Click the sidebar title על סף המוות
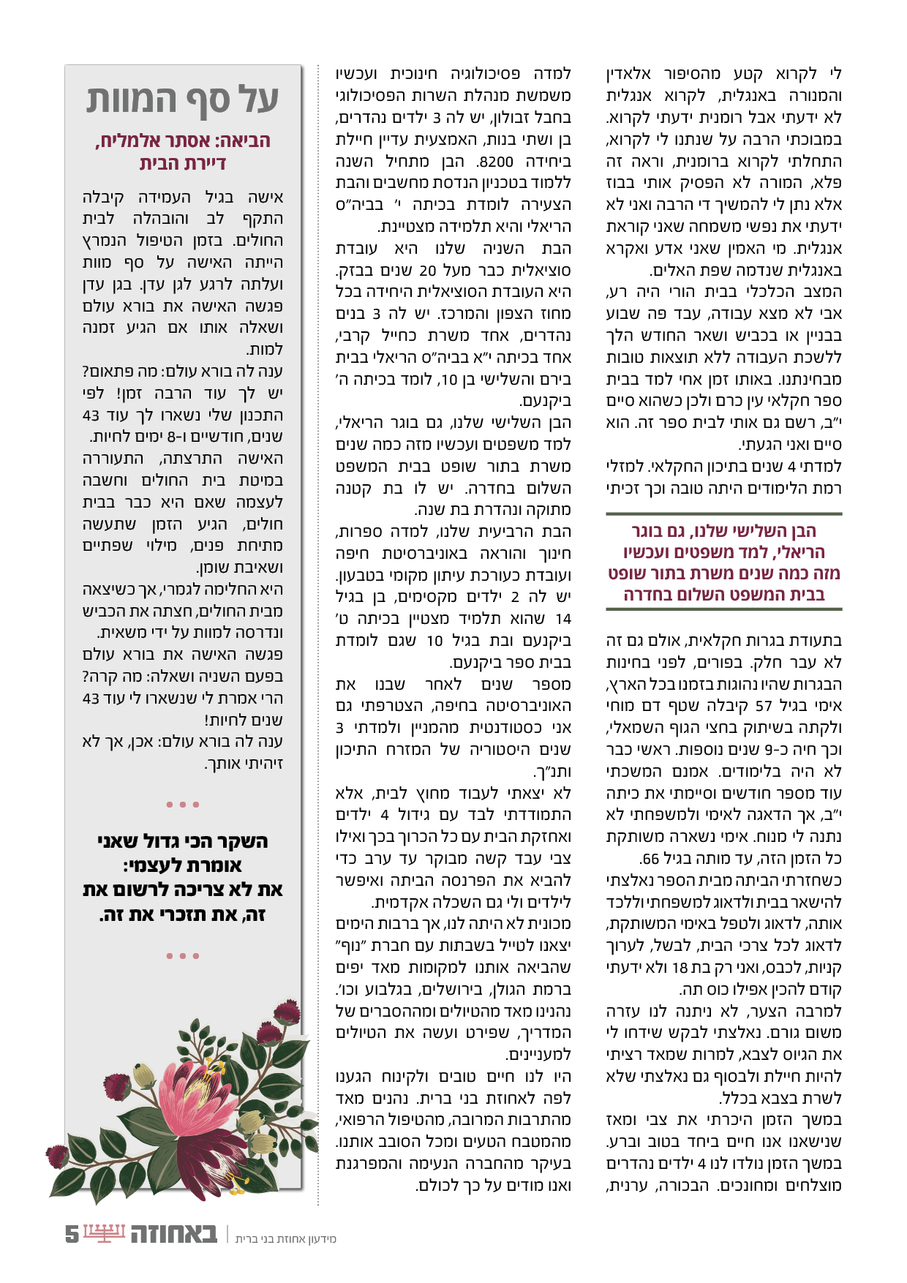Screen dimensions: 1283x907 click(x=183, y=100)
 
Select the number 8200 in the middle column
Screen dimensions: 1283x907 click(x=494, y=161)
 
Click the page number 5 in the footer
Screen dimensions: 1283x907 click(x=72, y=1234)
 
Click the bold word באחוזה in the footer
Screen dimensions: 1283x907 click(x=174, y=1234)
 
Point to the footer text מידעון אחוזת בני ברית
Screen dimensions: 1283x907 click(x=286, y=1238)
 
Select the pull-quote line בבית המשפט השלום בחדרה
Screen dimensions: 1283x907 click(x=724, y=594)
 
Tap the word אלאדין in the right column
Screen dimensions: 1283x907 click(x=631, y=74)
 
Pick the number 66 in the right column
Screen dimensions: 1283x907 click(x=650, y=859)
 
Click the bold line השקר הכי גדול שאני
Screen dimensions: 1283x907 click(x=183, y=841)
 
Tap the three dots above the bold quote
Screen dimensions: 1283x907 click(x=183, y=805)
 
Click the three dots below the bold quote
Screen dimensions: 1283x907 click(x=183, y=956)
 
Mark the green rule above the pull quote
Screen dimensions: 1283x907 click(x=724, y=514)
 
